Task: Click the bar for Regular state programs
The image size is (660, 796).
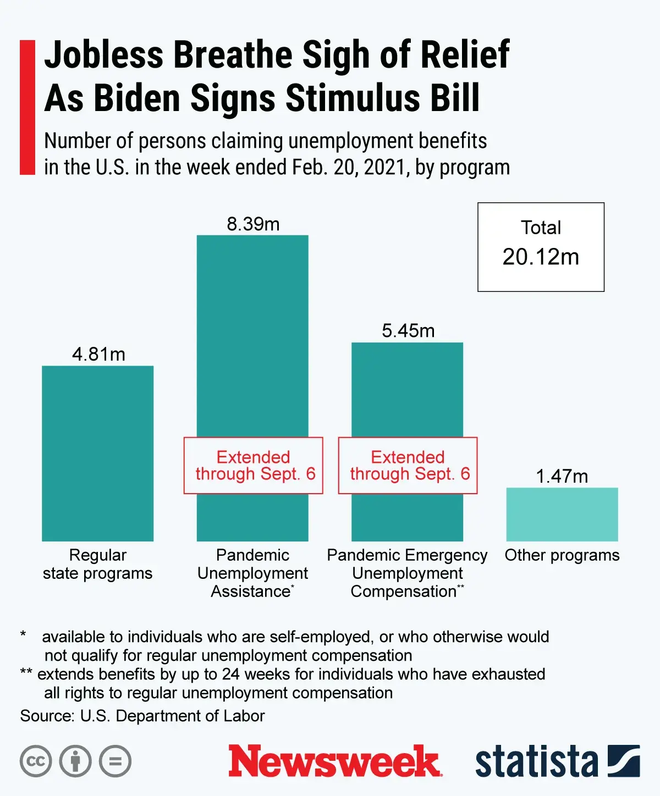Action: (97, 454)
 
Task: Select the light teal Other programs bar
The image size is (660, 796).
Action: (562, 514)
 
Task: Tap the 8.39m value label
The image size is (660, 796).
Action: (253, 224)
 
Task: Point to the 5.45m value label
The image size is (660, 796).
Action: (408, 331)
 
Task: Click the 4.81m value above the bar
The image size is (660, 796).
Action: (98, 354)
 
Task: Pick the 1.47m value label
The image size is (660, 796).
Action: (562, 476)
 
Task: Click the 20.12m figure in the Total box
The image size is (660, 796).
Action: (541, 257)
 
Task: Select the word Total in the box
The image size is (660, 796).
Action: (541, 228)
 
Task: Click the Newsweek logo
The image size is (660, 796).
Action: (334, 761)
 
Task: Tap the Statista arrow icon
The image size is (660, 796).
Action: (624, 761)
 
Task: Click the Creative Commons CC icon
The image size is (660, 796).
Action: (36, 761)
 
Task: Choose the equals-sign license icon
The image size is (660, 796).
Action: (116, 761)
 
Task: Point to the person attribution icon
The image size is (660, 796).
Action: (75, 761)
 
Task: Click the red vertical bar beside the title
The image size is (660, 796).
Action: (27, 107)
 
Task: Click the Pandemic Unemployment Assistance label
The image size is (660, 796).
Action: (252, 573)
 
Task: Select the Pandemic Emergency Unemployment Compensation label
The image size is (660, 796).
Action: (408, 573)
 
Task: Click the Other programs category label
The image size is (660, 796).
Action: (562, 555)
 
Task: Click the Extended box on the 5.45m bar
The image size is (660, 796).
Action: (408, 465)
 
